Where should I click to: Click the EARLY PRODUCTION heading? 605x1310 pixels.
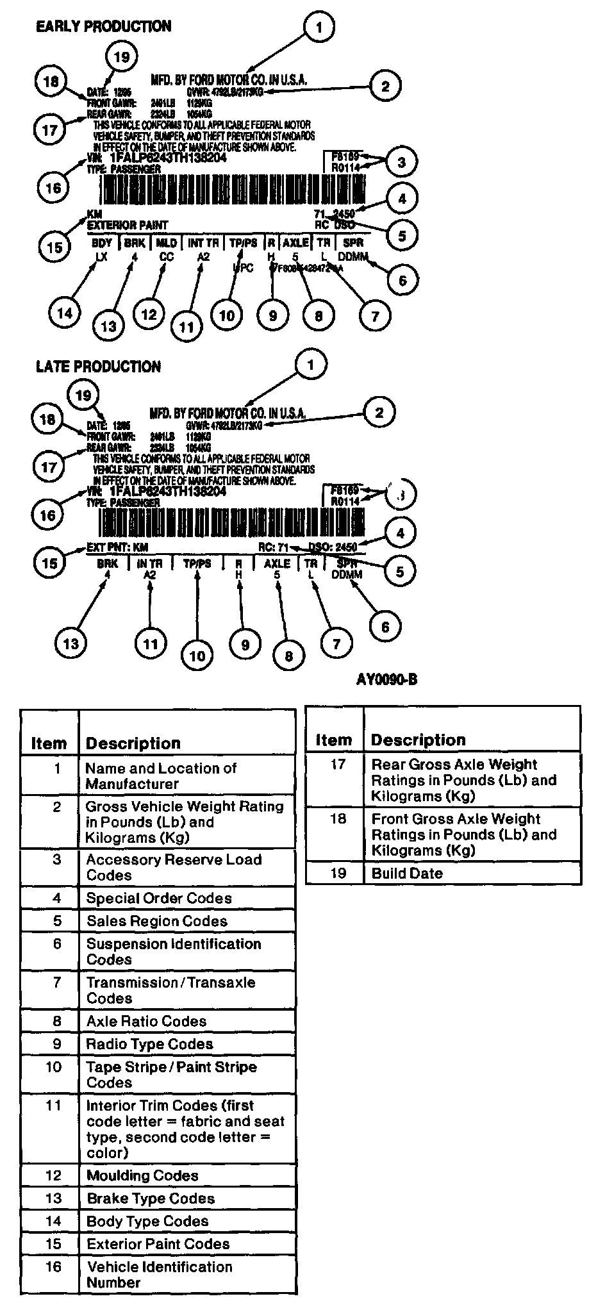click(103, 26)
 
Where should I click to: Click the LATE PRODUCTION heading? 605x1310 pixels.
click(98, 367)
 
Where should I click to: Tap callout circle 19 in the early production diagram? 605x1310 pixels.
click(121, 57)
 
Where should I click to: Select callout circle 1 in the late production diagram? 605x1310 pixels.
click(311, 365)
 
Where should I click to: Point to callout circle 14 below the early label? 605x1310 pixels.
click(65, 313)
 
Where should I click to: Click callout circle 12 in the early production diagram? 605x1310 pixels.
click(149, 314)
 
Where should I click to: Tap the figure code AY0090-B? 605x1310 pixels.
click(386, 679)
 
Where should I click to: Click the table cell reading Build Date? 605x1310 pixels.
click(407, 874)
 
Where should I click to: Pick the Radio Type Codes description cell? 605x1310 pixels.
click(149, 1044)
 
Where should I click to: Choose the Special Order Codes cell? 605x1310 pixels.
click(159, 899)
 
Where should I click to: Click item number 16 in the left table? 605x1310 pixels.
click(53, 1266)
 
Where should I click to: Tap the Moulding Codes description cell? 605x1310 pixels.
click(142, 1176)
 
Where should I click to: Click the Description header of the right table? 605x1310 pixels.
click(418, 740)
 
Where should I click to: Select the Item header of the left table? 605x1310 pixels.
click(49, 743)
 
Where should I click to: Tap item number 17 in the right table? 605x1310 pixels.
click(337, 765)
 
